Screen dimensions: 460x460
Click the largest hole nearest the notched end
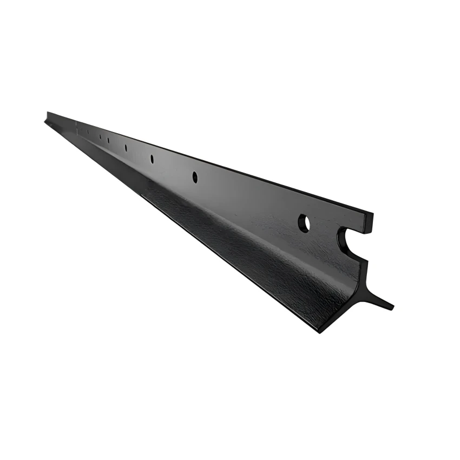pyautogui.click(x=304, y=223)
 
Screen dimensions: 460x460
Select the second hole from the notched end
pyautogui.click(x=195, y=176)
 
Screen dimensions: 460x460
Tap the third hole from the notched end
pyautogui.click(x=152, y=159)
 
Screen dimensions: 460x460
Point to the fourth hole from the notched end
pyautogui.click(x=126, y=147)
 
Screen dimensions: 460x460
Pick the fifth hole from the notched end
pyautogui.click(x=108, y=140)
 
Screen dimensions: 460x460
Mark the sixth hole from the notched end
pyautogui.click(x=100, y=136)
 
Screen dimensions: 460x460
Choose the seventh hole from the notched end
pyautogui.click(x=88, y=132)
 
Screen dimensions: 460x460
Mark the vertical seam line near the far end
pyautogui.click(x=76, y=126)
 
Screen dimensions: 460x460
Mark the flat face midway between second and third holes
pyautogui.click(x=173, y=168)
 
